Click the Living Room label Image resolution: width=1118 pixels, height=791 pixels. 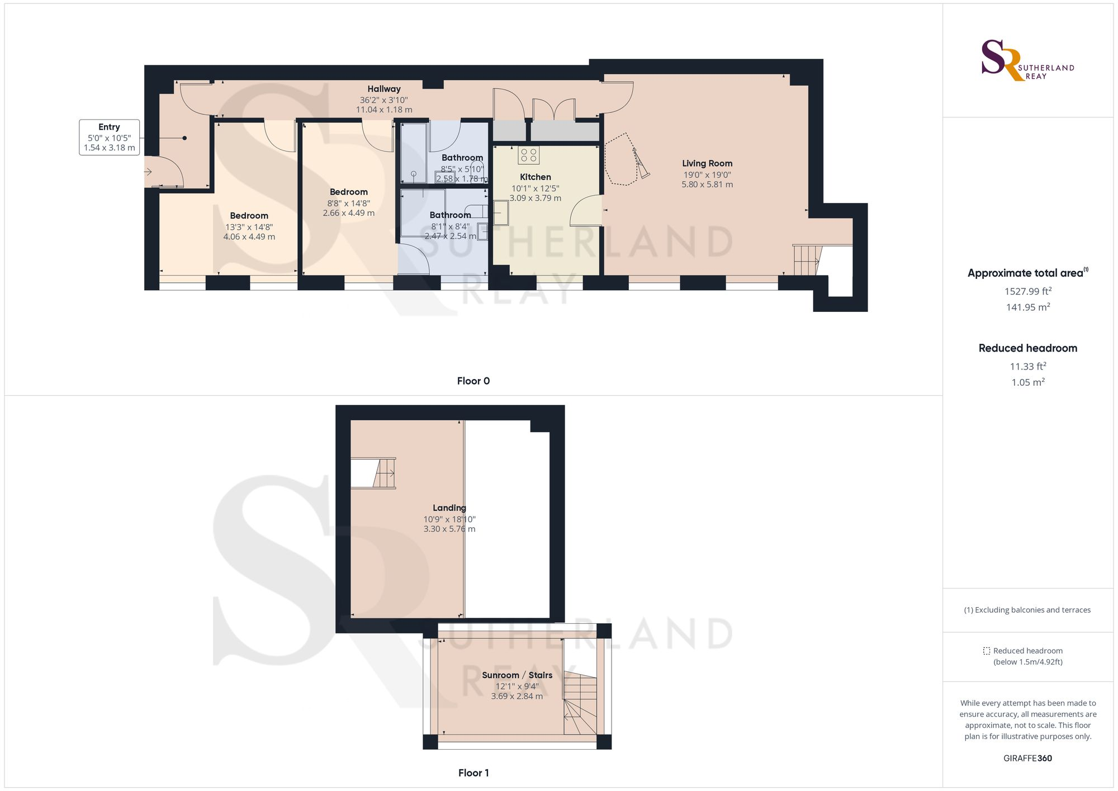(x=707, y=163)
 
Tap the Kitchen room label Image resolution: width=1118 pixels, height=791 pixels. (x=535, y=177)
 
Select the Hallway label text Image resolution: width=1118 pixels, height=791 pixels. (x=384, y=89)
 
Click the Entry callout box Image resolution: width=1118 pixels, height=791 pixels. (x=109, y=137)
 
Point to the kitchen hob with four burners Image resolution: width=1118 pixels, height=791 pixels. (x=528, y=155)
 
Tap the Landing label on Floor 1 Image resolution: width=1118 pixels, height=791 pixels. (x=449, y=508)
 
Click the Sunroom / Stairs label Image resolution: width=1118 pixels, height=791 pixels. (x=517, y=675)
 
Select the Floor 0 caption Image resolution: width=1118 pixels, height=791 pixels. (x=473, y=381)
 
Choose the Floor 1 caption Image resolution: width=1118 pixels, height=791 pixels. (x=473, y=773)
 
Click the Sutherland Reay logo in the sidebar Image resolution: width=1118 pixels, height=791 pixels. (x=1027, y=60)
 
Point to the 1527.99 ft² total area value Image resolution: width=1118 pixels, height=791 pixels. (x=1027, y=291)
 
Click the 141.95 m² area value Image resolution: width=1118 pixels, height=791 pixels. (x=1027, y=307)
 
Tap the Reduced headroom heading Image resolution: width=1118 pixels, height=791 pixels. (x=1027, y=348)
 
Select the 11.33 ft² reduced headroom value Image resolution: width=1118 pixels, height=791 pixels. (x=1027, y=367)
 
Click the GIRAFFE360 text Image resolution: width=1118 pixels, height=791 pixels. (x=1027, y=759)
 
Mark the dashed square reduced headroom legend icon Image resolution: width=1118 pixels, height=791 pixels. (x=987, y=651)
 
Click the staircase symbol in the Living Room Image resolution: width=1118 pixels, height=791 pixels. (x=807, y=260)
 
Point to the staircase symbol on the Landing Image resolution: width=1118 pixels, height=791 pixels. (x=384, y=473)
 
